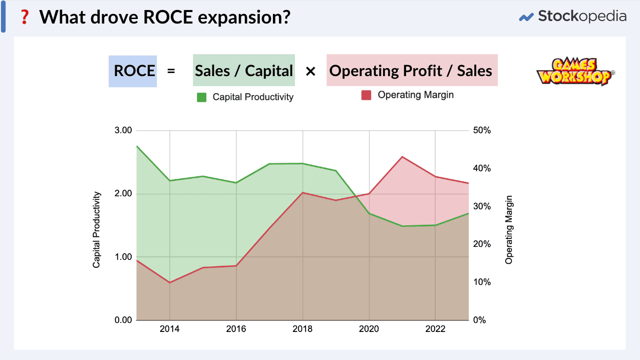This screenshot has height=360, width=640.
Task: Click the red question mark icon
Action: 23,18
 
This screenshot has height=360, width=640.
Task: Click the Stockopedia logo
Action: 572,17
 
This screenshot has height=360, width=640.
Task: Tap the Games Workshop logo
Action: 575,72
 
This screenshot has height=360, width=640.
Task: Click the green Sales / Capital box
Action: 244,71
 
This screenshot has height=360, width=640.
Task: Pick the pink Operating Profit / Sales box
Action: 412,71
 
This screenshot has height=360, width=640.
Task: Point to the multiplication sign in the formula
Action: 310,71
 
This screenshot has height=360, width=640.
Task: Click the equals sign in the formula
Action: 171,71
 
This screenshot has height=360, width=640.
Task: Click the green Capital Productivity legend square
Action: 202,97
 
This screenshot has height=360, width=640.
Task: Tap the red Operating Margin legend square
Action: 366,95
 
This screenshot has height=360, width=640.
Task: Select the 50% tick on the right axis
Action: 482,130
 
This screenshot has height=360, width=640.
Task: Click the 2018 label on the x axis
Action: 302,329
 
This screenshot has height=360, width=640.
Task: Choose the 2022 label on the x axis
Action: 436,329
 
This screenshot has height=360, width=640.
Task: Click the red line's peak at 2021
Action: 403,157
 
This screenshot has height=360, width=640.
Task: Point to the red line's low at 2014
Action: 170,282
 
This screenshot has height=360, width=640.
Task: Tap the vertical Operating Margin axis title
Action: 509,233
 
